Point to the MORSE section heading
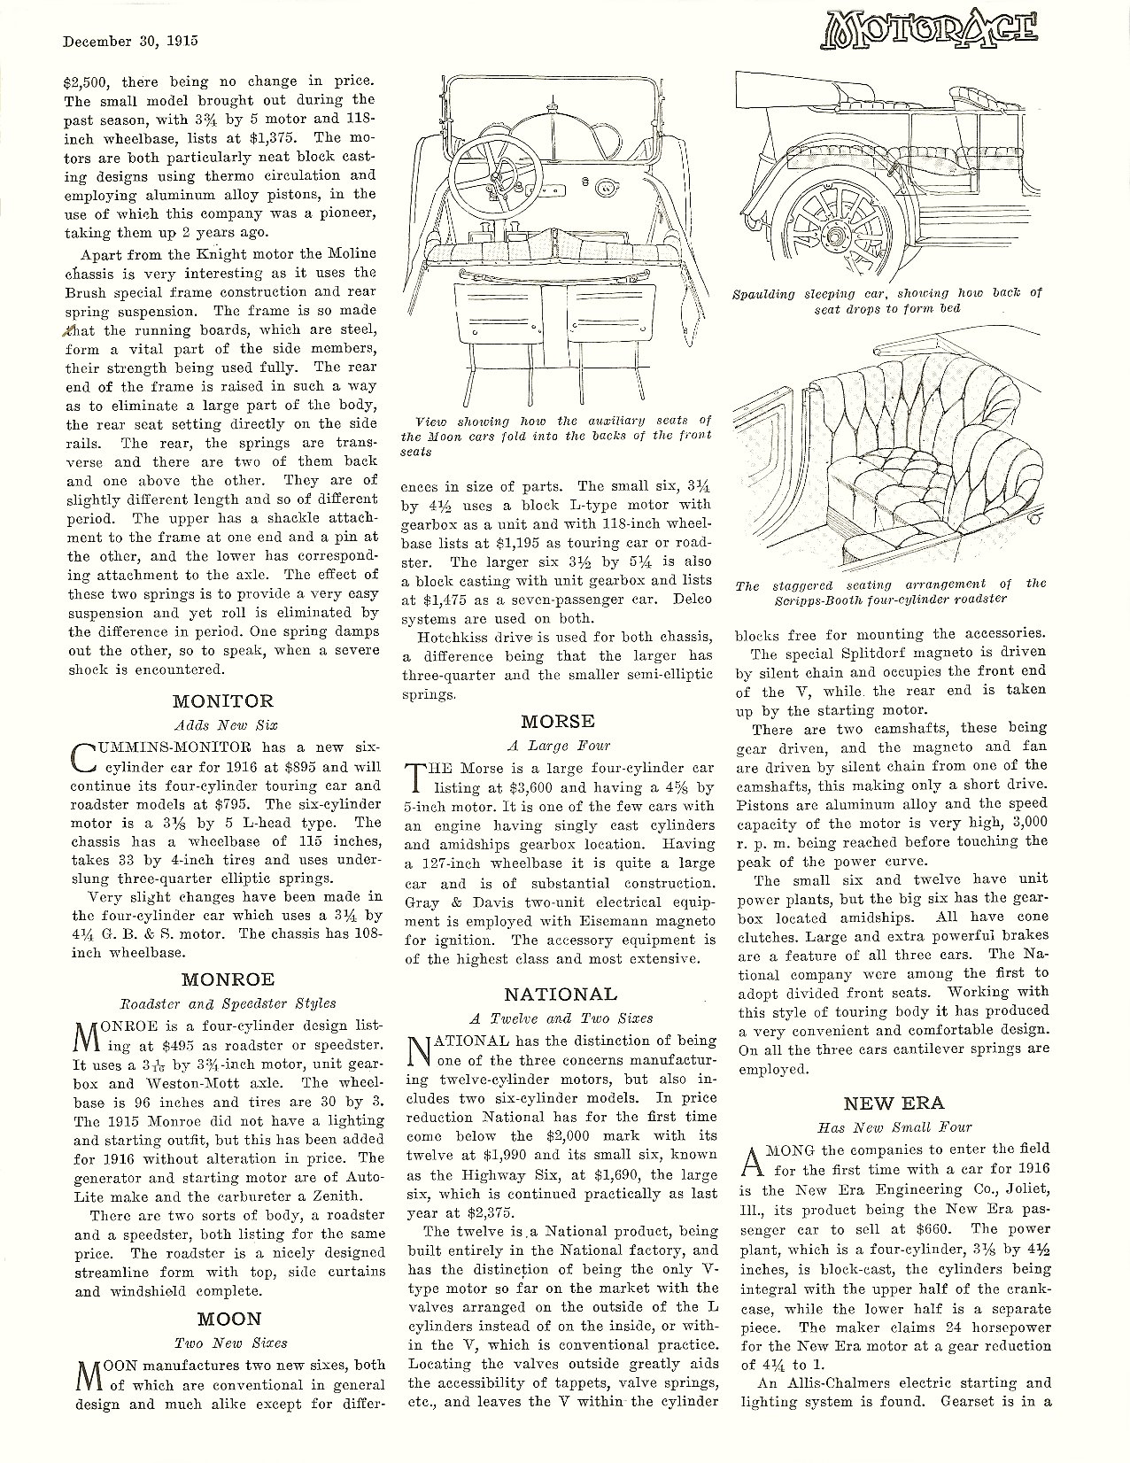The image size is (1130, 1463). (558, 721)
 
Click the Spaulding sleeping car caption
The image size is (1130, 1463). (887, 301)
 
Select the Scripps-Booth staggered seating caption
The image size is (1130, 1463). (890, 592)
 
